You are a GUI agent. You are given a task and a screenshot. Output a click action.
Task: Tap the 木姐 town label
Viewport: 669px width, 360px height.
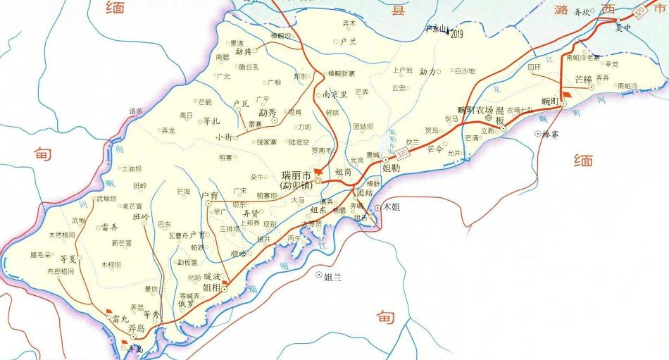(400, 208)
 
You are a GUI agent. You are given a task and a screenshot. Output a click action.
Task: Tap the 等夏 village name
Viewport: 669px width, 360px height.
(68, 259)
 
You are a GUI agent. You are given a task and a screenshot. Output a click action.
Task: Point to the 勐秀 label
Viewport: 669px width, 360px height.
(268, 113)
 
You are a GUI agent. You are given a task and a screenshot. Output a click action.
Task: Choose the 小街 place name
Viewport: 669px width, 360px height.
(224, 137)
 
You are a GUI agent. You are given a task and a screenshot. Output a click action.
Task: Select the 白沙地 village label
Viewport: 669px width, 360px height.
(465, 71)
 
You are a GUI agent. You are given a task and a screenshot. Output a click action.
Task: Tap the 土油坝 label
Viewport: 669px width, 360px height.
(132, 169)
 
